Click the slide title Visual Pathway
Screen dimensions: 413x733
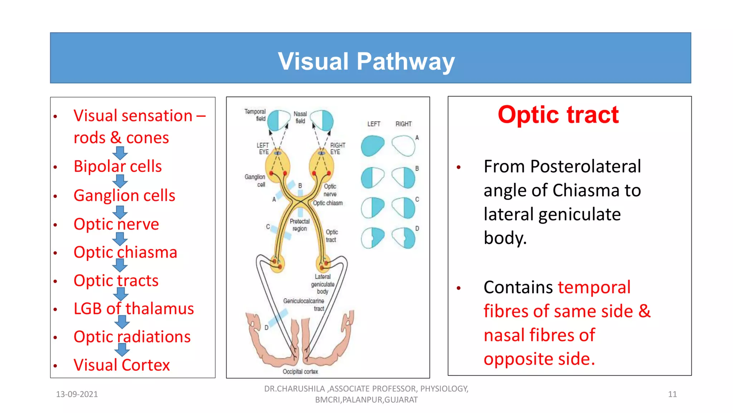(366, 62)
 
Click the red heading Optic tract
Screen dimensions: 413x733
(558, 115)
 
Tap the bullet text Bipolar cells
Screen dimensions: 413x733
(117, 166)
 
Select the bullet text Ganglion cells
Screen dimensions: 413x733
(124, 195)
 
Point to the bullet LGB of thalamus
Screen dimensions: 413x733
(134, 309)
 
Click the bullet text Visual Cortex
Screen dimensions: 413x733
(121, 365)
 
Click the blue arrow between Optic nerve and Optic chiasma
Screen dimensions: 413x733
(120, 239)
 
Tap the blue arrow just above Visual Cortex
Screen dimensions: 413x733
(122, 350)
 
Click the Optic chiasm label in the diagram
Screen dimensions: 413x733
(328, 203)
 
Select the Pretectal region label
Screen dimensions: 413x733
(300, 225)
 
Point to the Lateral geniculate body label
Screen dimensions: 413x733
(322, 284)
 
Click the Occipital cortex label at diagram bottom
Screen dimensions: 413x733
(300, 371)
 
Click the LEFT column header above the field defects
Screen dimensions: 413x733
(373, 124)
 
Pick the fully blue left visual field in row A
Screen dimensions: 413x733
(372, 146)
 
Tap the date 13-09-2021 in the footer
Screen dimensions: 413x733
(77, 394)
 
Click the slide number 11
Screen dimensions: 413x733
(672, 394)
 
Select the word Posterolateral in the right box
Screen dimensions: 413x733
(585, 167)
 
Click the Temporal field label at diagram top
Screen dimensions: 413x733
(255, 115)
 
